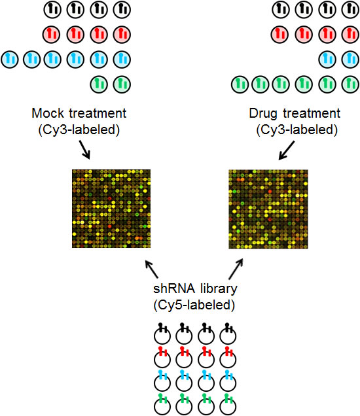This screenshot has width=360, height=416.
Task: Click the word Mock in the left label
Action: (48, 113)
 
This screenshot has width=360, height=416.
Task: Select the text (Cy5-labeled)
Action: (194, 305)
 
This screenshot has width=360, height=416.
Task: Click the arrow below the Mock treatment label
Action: (84, 150)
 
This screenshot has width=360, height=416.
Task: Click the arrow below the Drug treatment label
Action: (287, 150)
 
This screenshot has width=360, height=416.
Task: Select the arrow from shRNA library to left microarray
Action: (152, 269)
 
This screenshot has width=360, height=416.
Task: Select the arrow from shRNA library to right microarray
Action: (236, 269)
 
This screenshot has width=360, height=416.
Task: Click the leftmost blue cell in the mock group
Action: (10, 59)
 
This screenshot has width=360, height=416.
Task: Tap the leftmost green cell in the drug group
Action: (240, 84)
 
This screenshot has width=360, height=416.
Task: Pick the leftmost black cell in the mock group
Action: (52, 10)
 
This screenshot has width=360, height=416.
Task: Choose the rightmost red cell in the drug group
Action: (351, 34)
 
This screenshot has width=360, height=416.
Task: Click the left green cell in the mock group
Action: (99, 84)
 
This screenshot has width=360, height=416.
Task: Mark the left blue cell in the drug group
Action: (328, 59)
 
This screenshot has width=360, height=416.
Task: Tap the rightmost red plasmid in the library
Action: (228, 357)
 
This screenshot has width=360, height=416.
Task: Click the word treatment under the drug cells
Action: (312, 113)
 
